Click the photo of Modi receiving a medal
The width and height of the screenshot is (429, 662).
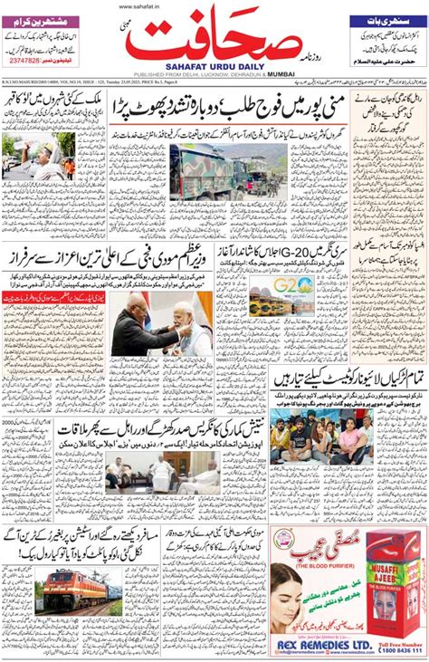click(x=162, y=327)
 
